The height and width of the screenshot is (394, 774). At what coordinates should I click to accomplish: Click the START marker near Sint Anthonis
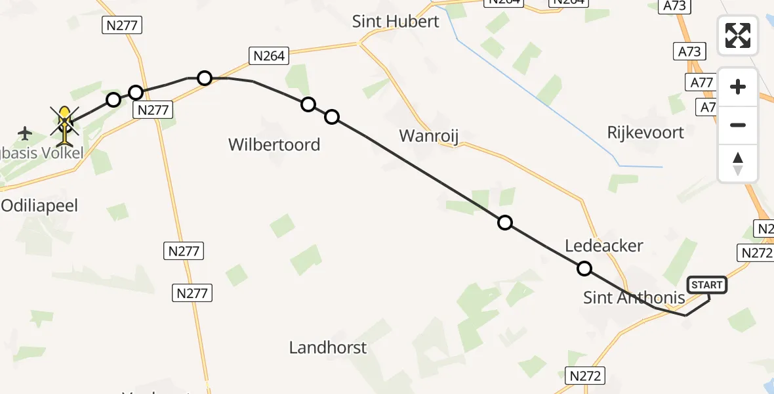[707, 285]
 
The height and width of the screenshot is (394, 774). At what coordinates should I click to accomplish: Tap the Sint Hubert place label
[396, 21]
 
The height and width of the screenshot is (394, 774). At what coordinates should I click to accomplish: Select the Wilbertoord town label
[274, 144]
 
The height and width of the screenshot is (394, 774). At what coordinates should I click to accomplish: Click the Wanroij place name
[429, 136]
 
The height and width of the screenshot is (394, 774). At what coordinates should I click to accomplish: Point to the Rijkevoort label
[645, 132]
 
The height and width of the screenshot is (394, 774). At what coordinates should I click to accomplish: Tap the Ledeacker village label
[604, 246]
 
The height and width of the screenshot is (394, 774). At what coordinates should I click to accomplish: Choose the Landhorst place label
[328, 347]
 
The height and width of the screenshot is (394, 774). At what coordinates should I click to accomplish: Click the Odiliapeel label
[39, 206]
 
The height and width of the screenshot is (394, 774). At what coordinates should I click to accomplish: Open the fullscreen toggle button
[738, 35]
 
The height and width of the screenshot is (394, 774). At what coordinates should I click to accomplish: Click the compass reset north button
[738, 164]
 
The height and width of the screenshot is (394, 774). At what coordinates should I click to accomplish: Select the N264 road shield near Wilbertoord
[269, 56]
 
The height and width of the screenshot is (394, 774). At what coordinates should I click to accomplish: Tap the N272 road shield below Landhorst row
[585, 376]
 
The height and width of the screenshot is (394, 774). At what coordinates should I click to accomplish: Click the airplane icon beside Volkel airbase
[25, 133]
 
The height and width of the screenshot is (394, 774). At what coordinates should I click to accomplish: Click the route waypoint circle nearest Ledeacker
[584, 269]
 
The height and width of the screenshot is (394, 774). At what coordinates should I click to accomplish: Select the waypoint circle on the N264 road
[205, 78]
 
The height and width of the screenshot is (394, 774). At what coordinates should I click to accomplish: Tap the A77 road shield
[702, 83]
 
